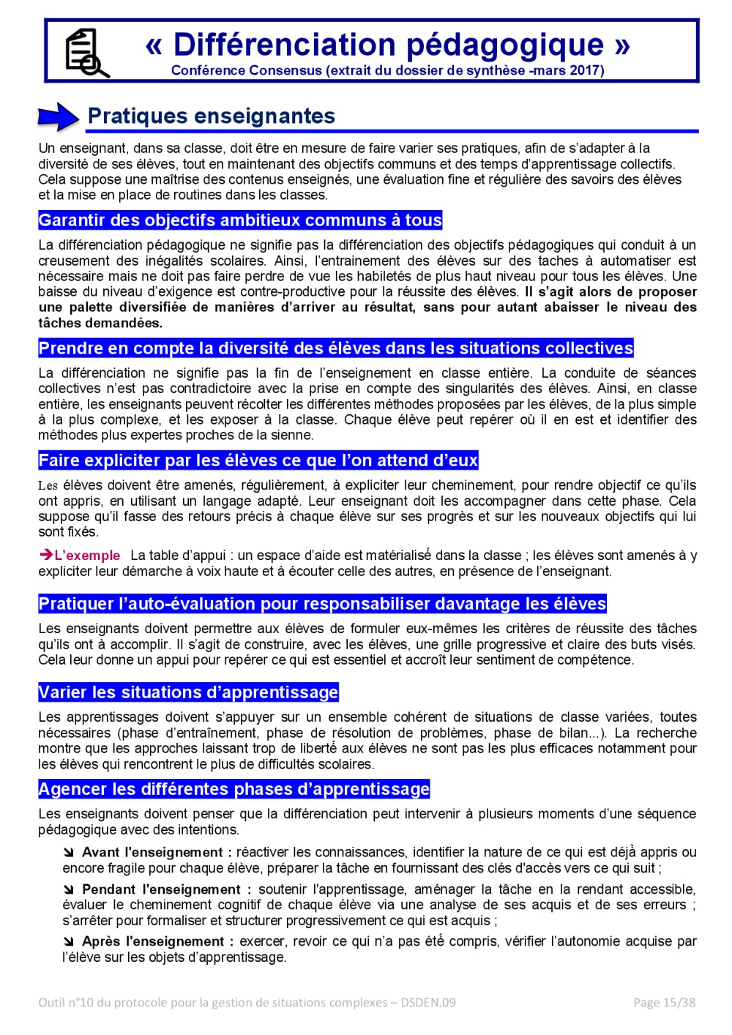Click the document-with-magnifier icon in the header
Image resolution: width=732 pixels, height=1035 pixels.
(86, 53)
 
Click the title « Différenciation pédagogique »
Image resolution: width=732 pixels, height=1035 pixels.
(387, 45)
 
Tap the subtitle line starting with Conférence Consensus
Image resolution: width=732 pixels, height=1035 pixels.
(387, 71)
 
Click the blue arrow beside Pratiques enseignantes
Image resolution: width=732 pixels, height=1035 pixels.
(58, 116)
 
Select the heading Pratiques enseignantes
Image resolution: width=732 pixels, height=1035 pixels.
(211, 116)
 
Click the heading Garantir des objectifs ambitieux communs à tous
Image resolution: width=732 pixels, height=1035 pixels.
(240, 220)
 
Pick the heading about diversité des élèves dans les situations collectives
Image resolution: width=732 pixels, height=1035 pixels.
(336, 348)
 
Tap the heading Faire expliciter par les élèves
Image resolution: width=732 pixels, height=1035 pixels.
(258, 460)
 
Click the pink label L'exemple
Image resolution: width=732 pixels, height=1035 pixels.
(87, 556)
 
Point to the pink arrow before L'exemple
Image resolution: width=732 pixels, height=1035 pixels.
(45, 556)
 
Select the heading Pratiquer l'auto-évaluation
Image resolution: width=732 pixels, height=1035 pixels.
(322, 604)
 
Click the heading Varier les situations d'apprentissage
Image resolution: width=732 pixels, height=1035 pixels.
(188, 692)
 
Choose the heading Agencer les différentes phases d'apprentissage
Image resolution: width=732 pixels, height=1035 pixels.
(234, 789)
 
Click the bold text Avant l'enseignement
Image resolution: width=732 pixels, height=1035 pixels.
(157, 853)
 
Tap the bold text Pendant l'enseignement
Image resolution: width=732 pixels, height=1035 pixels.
(166, 890)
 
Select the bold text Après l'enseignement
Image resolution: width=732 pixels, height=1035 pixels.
(157, 942)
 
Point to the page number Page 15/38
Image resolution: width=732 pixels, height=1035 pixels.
(664, 1003)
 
